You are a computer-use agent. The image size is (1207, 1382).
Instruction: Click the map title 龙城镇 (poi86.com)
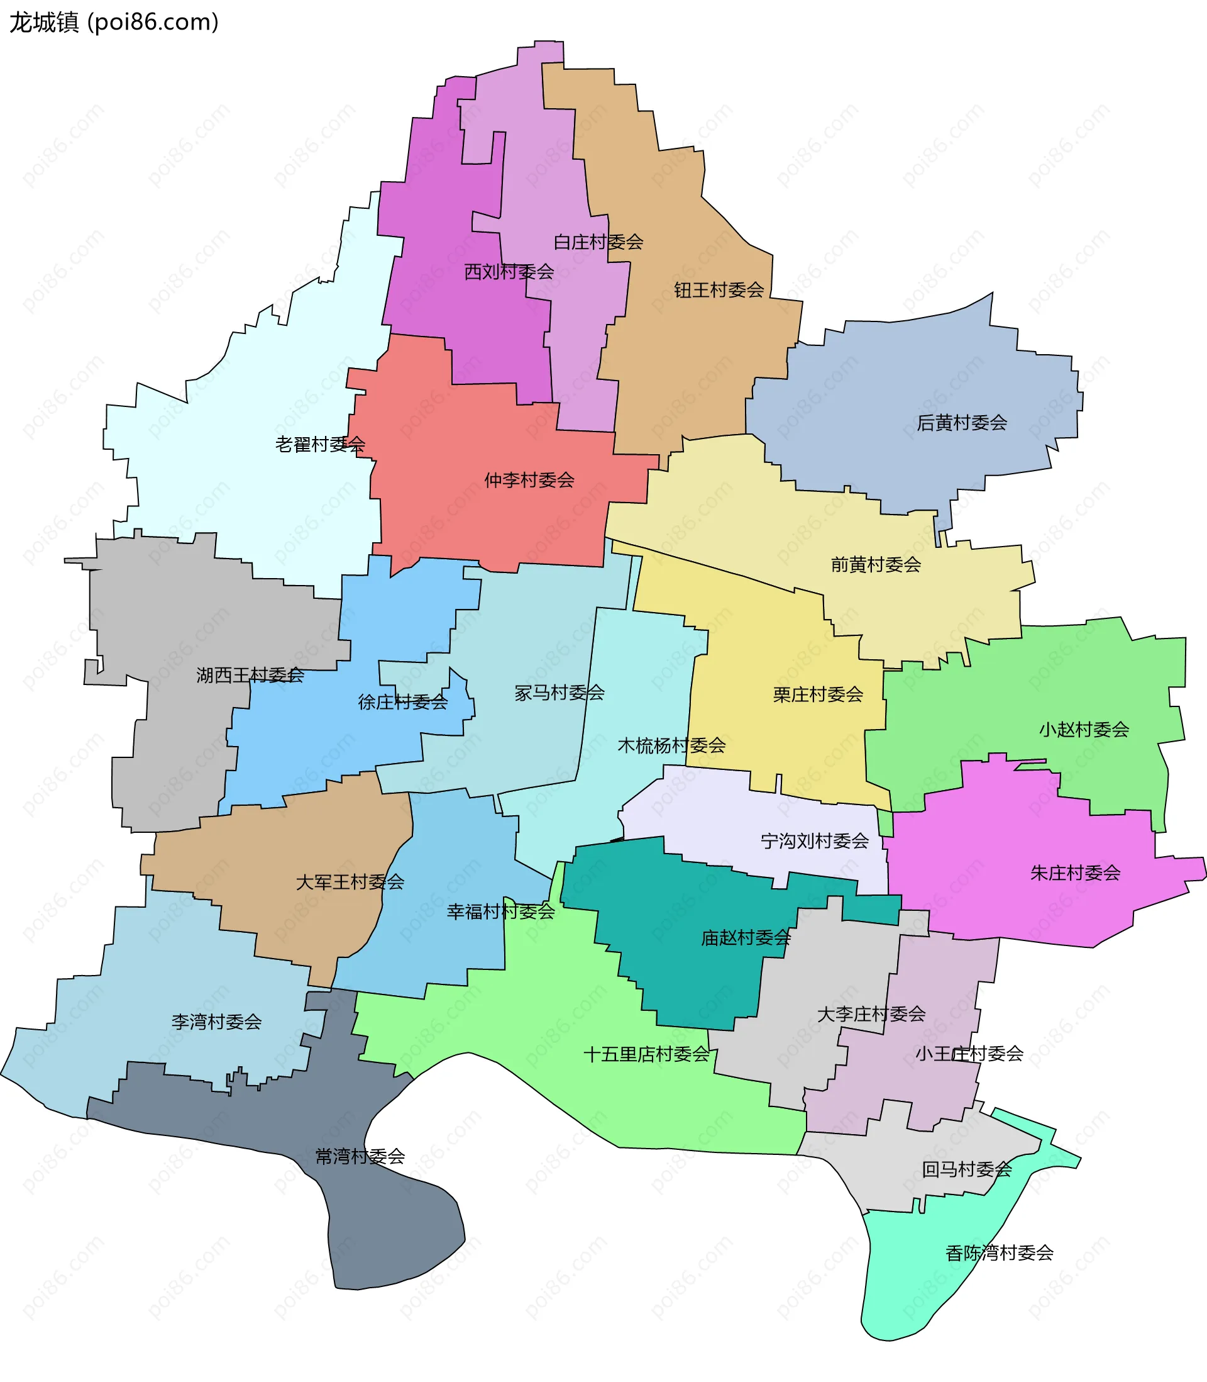click(114, 22)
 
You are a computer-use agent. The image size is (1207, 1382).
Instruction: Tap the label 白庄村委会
click(598, 242)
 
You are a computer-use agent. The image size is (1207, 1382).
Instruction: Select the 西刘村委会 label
click(509, 272)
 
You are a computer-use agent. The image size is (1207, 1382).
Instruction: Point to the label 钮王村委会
click(719, 290)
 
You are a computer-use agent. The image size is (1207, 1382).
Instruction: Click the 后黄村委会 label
click(961, 423)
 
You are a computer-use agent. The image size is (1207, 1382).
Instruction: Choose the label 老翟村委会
click(320, 444)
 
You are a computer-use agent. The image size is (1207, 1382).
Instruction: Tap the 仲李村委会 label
click(529, 480)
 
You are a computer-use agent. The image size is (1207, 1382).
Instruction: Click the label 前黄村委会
click(876, 564)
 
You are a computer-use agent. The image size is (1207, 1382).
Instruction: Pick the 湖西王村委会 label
click(250, 674)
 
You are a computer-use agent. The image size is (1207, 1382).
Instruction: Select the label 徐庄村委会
click(403, 702)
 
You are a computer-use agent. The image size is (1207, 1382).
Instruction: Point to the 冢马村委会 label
click(559, 692)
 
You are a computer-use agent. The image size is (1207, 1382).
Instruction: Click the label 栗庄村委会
click(818, 694)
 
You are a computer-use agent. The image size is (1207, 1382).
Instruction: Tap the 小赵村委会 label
click(1084, 729)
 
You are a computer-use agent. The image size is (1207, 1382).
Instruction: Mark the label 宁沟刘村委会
click(814, 840)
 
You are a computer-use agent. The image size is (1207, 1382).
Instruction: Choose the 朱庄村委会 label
click(1075, 872)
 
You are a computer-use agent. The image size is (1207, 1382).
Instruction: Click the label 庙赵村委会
click(746, 937)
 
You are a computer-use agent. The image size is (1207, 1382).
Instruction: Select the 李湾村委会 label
click(216, 1022)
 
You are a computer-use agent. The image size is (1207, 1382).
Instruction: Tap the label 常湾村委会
click(360, 1156)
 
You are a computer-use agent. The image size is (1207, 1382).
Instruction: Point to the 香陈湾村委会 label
click(999, 1252)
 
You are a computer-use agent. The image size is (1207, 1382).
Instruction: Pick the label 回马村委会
click(967, 1169)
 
